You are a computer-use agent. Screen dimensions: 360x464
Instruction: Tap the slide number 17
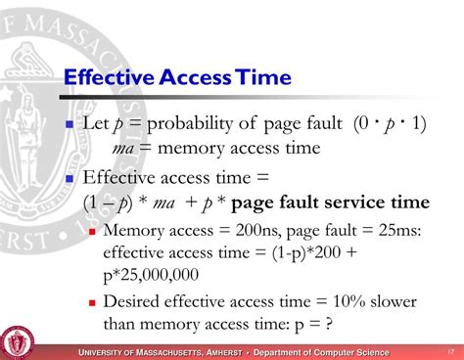click(451, 351)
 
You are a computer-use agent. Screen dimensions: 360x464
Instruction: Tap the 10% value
click(335, 302)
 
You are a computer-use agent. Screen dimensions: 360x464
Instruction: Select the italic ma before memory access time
click(123, 149)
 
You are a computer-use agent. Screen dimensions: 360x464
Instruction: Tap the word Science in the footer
click(366, 351)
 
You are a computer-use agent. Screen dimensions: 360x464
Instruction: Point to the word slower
click(387, 302)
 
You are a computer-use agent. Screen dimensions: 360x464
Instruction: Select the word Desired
click(134, 302)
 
